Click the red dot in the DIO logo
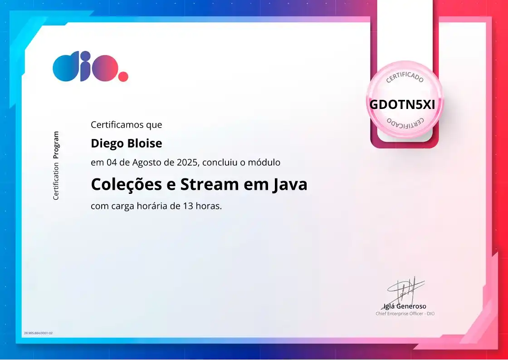123,76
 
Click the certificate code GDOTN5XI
402,104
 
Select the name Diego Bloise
126,143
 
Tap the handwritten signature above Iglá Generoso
405,289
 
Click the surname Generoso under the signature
411,306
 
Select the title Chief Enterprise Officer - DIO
405,314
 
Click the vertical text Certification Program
56,166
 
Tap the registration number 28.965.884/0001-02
38,333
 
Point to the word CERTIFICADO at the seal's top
405,77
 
